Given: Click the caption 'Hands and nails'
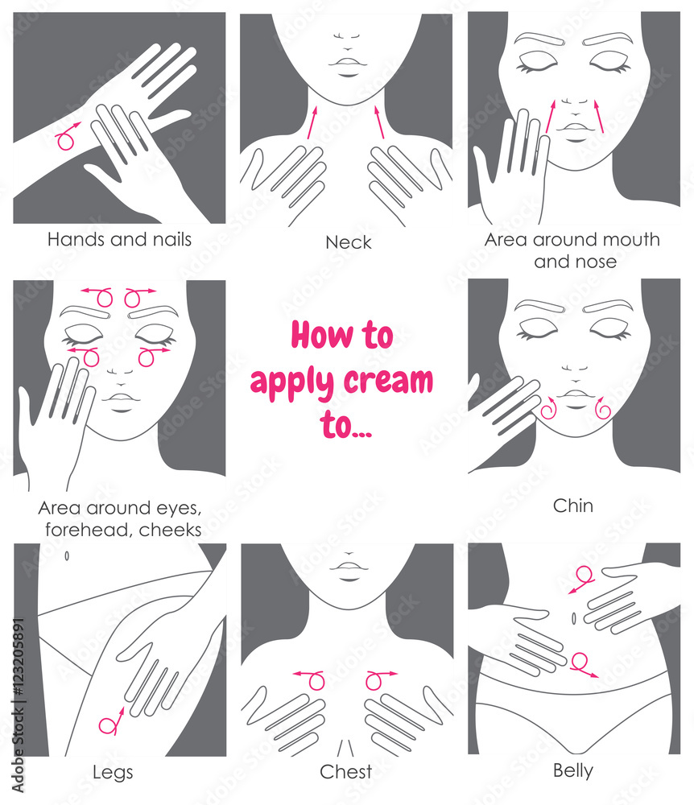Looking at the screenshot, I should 119,239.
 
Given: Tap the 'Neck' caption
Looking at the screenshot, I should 348,242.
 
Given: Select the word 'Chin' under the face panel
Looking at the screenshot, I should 573,506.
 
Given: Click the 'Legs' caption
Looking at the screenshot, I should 112,772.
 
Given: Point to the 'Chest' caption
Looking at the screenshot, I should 346,772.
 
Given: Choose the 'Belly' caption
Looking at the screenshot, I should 573,770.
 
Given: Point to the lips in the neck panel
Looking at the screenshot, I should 346,65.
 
